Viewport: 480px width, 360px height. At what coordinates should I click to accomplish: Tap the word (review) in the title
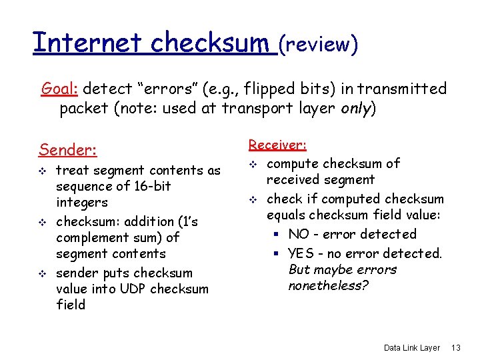[x=319, y=44]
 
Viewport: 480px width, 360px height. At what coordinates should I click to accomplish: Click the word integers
[x=82, y=202]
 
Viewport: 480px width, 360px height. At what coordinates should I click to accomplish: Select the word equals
[x=287, y=215]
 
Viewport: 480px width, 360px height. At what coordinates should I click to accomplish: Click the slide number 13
[x=456, y=347]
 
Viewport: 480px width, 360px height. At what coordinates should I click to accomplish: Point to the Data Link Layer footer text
[x=412, y=347]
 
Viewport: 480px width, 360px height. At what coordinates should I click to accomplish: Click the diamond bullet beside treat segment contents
[x=43, y=171]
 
